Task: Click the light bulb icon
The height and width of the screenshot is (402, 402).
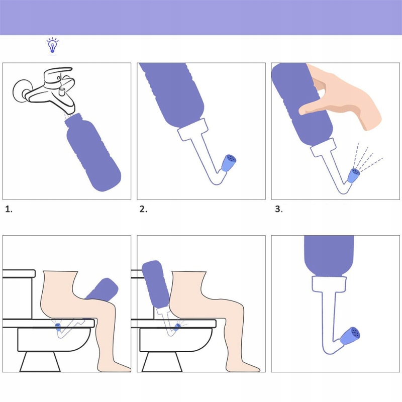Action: click(52, 45)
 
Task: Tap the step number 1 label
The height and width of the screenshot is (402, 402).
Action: click(9, 210)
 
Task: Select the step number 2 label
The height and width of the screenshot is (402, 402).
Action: click(143, 210)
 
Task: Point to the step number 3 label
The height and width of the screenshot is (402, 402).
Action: click(278, 210)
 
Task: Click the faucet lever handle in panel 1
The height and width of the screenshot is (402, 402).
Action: click(56, 73)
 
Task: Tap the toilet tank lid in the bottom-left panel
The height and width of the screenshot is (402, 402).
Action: click(19, 274)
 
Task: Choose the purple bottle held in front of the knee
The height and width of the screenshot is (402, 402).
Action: click(103, 290)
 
